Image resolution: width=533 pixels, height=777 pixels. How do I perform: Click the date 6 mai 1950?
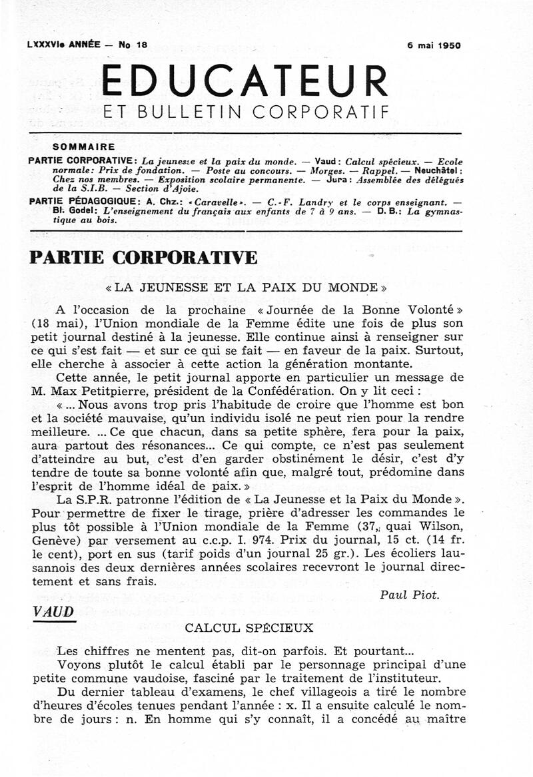coord(434,46)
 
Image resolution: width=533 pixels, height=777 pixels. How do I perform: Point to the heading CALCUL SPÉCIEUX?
coord(239,628)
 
